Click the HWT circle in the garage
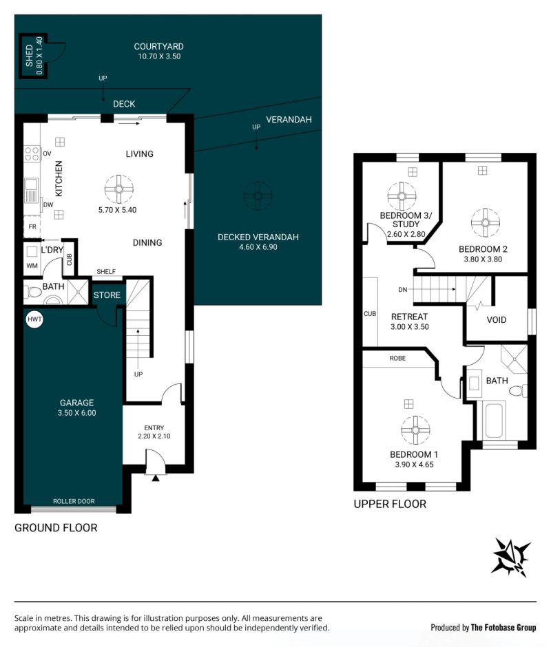tap(34, 319)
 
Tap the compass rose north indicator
tap(511, 557)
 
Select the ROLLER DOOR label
tap(74, 501)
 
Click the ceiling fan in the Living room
tap(119, 189)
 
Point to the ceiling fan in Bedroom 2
tap(486, 223)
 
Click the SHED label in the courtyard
tap(29, 56)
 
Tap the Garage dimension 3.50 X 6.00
tap(77, 412)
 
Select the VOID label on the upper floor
tap(496, 320)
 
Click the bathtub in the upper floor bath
tap(493, 421)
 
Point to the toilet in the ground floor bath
tap(34, 292)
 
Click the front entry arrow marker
tap(155, 478)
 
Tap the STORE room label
tap(107, 295)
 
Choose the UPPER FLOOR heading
tap(390, 504)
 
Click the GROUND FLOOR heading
tap(56, 528)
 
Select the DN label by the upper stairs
tap(403, 290)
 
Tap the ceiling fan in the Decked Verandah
tap(258, 195)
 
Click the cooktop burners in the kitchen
tap(32, 154)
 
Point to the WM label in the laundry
tap(32, 265)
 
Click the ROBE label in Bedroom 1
tap(397, 358)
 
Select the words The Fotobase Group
tap(503, 628)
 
